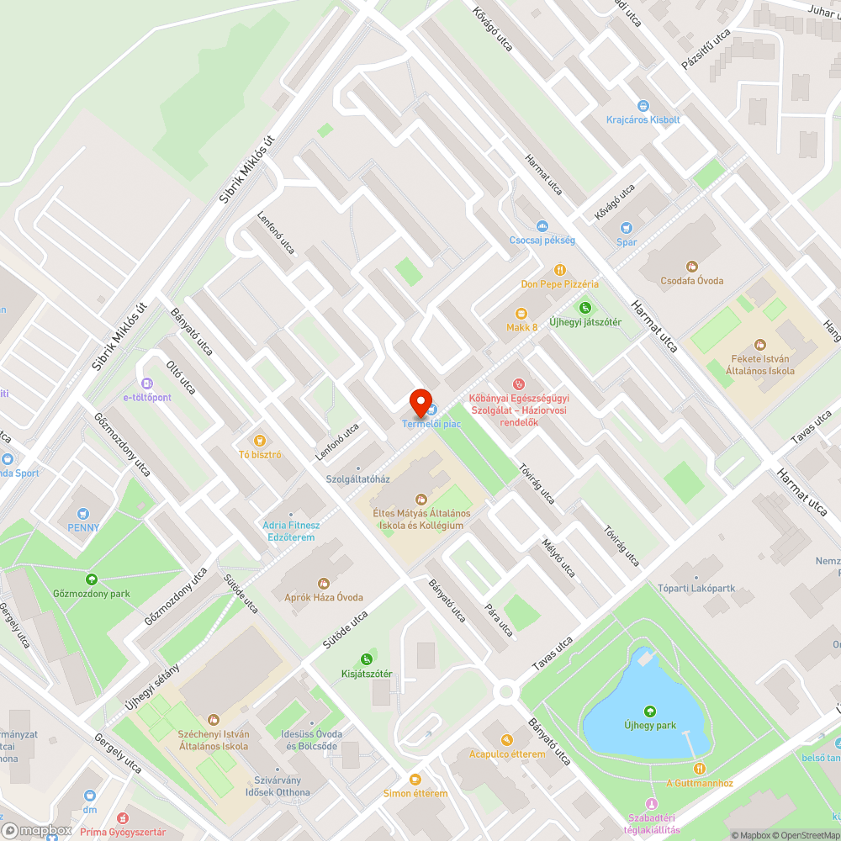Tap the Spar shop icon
626,228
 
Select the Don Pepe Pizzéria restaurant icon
560,269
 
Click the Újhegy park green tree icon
649,711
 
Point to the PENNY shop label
83,528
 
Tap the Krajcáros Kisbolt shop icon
643,106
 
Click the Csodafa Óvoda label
692,281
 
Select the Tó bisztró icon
260,441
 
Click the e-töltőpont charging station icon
147,383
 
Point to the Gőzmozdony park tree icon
91,579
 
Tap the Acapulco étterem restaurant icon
507,740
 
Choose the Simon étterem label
415,793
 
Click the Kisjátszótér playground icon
367,659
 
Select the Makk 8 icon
521,313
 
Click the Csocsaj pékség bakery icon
542,225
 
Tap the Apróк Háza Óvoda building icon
323,583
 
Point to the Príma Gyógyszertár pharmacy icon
123,817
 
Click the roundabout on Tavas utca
505,691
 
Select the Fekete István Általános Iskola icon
760,345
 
